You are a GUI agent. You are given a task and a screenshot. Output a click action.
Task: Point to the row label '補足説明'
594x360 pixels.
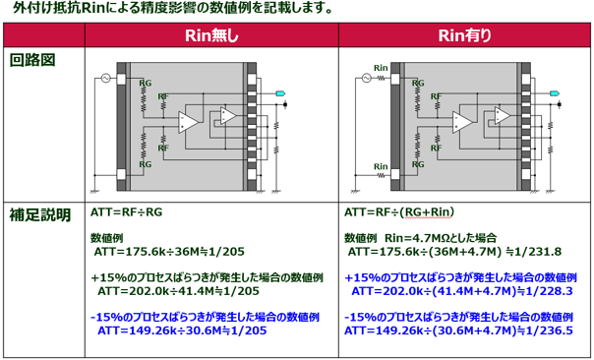point(39,213)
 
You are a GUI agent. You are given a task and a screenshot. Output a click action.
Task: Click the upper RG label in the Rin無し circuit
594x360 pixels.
point(146,83)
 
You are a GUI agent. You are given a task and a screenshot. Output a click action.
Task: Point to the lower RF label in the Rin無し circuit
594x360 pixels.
point(163,147)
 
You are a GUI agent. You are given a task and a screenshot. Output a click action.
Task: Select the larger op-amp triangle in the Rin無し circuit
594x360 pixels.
point(189,122)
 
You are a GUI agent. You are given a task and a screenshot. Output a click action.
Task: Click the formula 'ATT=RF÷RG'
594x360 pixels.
point(126,211)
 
